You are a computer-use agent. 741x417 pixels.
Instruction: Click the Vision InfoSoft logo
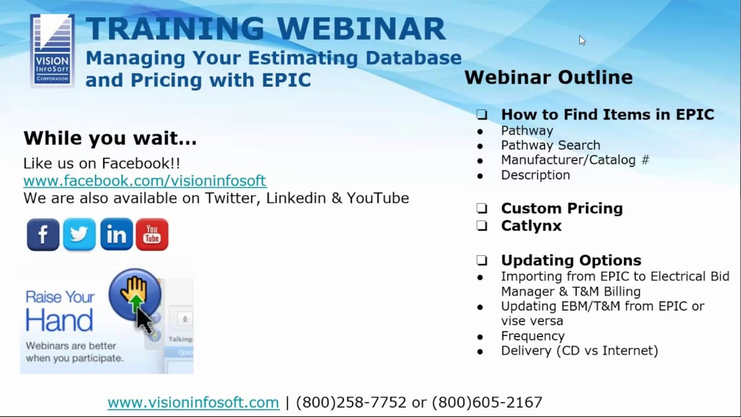coord(52,51)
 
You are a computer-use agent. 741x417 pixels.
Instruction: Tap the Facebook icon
coord(43,235)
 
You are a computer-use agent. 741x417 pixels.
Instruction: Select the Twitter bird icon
coord(79,235)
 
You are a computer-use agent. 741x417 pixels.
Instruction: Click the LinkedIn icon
coord(116,235)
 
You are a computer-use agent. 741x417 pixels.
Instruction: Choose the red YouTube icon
coord(152,235)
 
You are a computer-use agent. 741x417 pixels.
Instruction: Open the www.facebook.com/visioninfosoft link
coord(145,181)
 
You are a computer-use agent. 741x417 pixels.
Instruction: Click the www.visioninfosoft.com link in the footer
coord(193,402)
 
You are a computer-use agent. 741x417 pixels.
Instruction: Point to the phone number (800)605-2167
coord(487,402)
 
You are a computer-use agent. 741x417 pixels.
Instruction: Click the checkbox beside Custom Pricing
coord(482,209)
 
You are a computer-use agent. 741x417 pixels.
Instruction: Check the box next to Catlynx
coord(482,226)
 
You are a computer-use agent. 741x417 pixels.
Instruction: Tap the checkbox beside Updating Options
coord(482,261)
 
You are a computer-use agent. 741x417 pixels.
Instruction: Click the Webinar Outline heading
coord(548,77)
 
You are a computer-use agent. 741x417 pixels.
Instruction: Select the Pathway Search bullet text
coord(551,145)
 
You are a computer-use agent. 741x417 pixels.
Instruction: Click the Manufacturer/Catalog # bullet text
coord(575,160)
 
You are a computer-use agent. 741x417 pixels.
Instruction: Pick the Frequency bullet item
coord(533,336)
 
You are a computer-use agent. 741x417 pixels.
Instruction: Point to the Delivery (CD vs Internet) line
coord(579,350)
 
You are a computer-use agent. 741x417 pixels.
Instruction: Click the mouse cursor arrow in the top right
coord(582,40)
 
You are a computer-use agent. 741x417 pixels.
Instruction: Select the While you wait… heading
coord(110,138)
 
